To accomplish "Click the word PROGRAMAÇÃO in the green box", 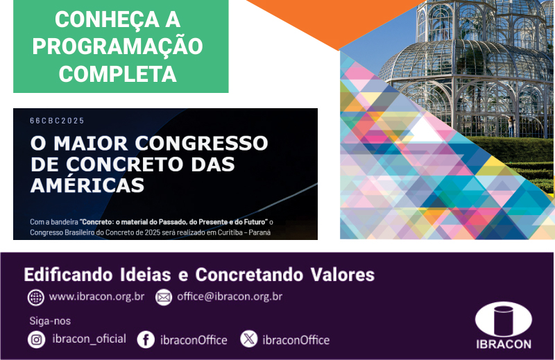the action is point(117,46).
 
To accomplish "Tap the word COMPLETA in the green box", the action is point(117,74).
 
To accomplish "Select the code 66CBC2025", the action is point(57,121).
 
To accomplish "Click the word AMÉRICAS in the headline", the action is point(87,185).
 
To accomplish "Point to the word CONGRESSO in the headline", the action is point(201,144).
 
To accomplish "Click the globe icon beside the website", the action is point(36,298).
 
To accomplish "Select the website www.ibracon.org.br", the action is point(96,297).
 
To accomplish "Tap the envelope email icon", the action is point(164,298).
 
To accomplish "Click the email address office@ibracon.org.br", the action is point(230,297).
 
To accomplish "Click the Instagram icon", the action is point(37,340).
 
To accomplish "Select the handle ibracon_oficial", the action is point(89,339).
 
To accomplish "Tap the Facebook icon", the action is point(146,340).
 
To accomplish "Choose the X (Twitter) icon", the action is point(249,338).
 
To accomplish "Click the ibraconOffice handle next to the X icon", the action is point(296,340).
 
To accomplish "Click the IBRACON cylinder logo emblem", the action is point(504,320).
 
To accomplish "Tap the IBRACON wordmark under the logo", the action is point(504,345).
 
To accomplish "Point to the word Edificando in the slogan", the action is point(68,275).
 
